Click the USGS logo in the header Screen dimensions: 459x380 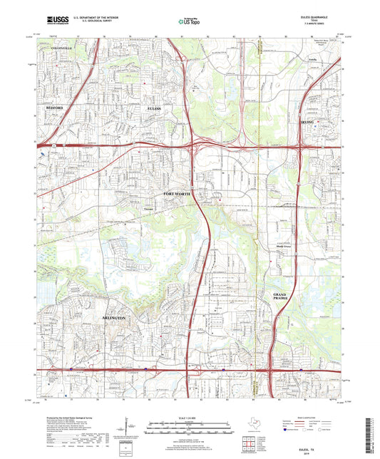coord(55,21)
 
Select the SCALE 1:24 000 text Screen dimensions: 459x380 coord(190,418)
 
